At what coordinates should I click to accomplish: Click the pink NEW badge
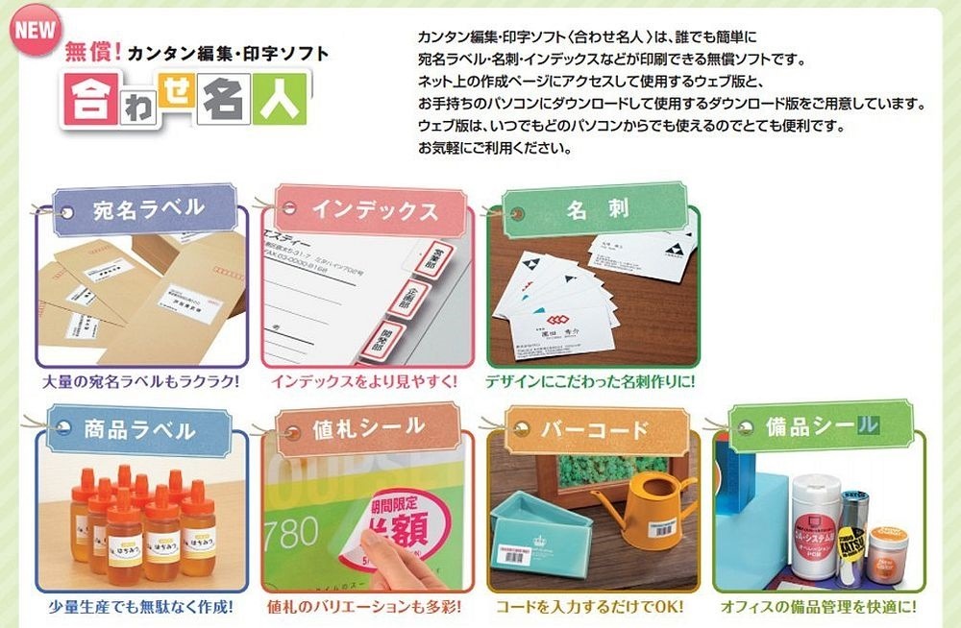35,28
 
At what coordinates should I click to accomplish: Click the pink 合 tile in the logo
87,100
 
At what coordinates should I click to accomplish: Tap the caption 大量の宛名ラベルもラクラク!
141,381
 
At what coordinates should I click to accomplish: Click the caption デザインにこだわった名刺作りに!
590,381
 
